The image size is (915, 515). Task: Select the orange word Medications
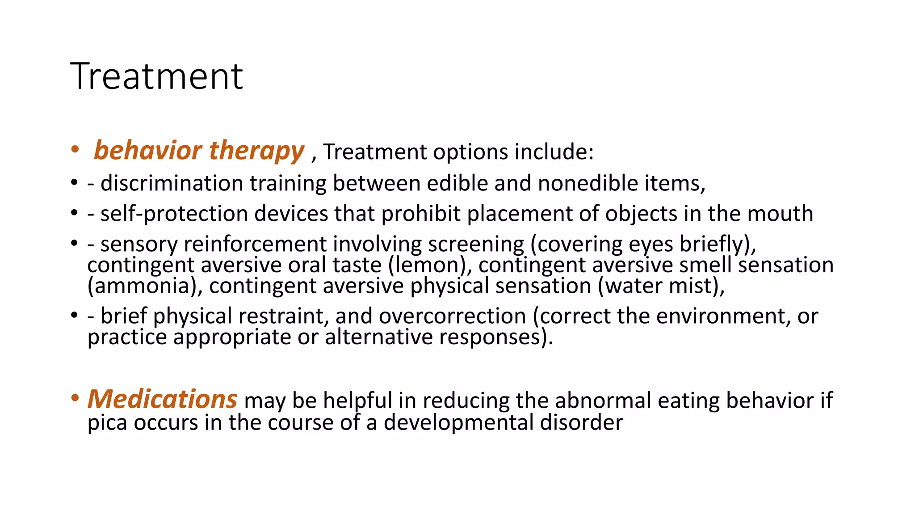tap(162, 399)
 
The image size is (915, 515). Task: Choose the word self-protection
tap(174, 214)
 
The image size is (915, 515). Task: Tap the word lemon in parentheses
tap(430, 265)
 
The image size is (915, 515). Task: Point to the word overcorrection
tap(452, 316)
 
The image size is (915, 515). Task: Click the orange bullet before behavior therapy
tap(75, 149)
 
